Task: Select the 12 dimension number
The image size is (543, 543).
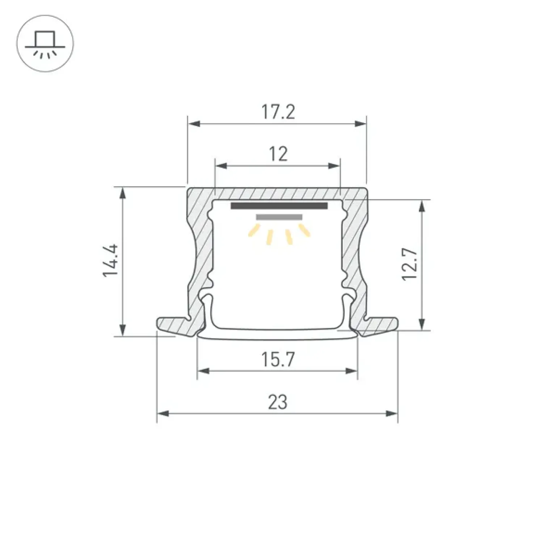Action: point(278,154)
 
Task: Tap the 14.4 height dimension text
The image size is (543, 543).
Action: point(111,261)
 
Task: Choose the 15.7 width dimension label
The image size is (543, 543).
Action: point(278,359)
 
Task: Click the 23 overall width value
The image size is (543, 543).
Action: point(278,402)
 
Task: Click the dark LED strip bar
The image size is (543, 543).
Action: point(279,206)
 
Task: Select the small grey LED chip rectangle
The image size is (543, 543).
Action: point(279,217)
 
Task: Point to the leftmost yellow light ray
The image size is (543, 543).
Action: point(254,230)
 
